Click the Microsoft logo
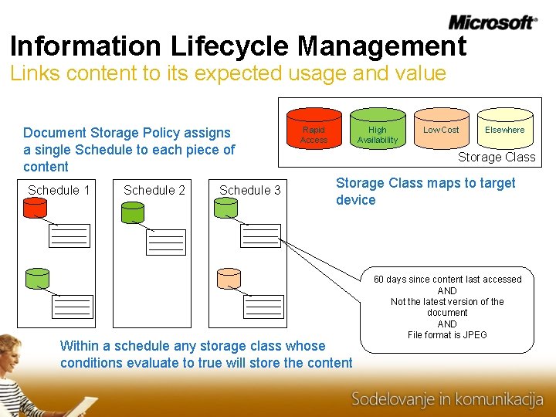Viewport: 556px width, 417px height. tap(492, 22)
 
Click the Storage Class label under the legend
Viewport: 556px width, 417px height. tap(496, 157)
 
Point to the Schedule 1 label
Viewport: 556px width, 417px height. tap(59, 190)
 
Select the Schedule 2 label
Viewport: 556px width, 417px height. tap(154, 190)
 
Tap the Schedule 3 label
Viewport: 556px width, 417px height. tap(250, 190)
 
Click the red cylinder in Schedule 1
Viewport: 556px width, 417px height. tap(36, 208)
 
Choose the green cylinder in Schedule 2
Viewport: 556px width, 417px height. tap(133, 210)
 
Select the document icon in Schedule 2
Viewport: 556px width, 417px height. tap(166, 242)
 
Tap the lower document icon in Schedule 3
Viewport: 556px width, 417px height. tap(263, 307)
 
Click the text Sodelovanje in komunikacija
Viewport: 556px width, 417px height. tap(447, 399)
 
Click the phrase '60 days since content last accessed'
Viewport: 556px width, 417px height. tap(447, 280)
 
